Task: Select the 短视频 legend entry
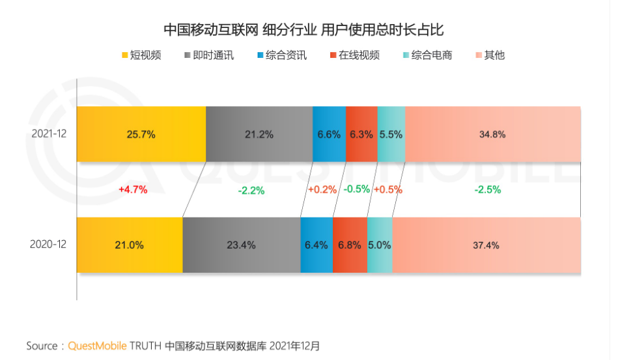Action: pyautogui.click(x=141, y=55)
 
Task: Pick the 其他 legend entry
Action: pyautogui.click(x=490, y=55)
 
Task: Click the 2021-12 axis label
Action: pyautogui.click(x=49, y=133)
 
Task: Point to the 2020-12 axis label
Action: pyautogui.click(x=49, y=245)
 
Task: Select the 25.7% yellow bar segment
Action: pyautogui.click(x=141, y=134)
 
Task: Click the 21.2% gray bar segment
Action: pyautogui.click(x=259, y=134)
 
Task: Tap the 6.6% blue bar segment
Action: pyautogui.click(x=329, y=134)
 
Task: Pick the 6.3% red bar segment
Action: pyautogui.click(x=361, y=134)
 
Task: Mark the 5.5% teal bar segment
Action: pyautogui.click(x=391, y=134)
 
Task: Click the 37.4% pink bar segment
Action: pyautogui.click(x=486, y=245)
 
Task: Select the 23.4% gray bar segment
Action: pyautogui.click(x=241, y=245)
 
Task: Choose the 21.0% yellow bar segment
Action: pyautogui.click(x=130, y=245)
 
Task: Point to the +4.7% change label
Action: pyautogui.click(x=133, y=190)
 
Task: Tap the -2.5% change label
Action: pyautogui.click(x=488, y=190)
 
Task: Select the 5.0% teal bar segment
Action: pyautogui.click(x=380, y=245)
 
